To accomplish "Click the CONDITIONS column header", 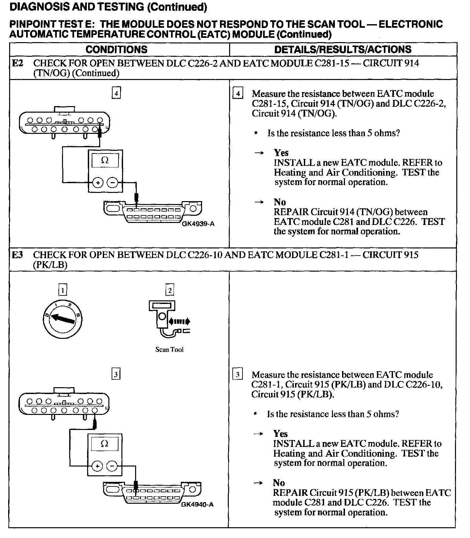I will [117, 50].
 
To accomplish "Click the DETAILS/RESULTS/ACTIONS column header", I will [343, 50].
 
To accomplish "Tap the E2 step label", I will [18, 63].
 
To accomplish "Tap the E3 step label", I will [18, 255].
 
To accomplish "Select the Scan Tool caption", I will [169, 350].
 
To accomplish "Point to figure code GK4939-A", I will [198, 224].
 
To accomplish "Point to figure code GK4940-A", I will [197, 505].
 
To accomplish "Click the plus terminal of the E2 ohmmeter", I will [98, 183].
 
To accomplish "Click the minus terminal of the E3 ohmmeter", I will [112, 467].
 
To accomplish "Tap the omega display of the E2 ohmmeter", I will [105, 161].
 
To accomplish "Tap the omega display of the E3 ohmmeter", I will [104, 444].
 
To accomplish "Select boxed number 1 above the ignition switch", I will [63, 290].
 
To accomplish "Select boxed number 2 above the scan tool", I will [169, 290].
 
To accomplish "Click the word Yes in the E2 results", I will [281, 153].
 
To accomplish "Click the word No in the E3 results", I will [279, 483].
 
